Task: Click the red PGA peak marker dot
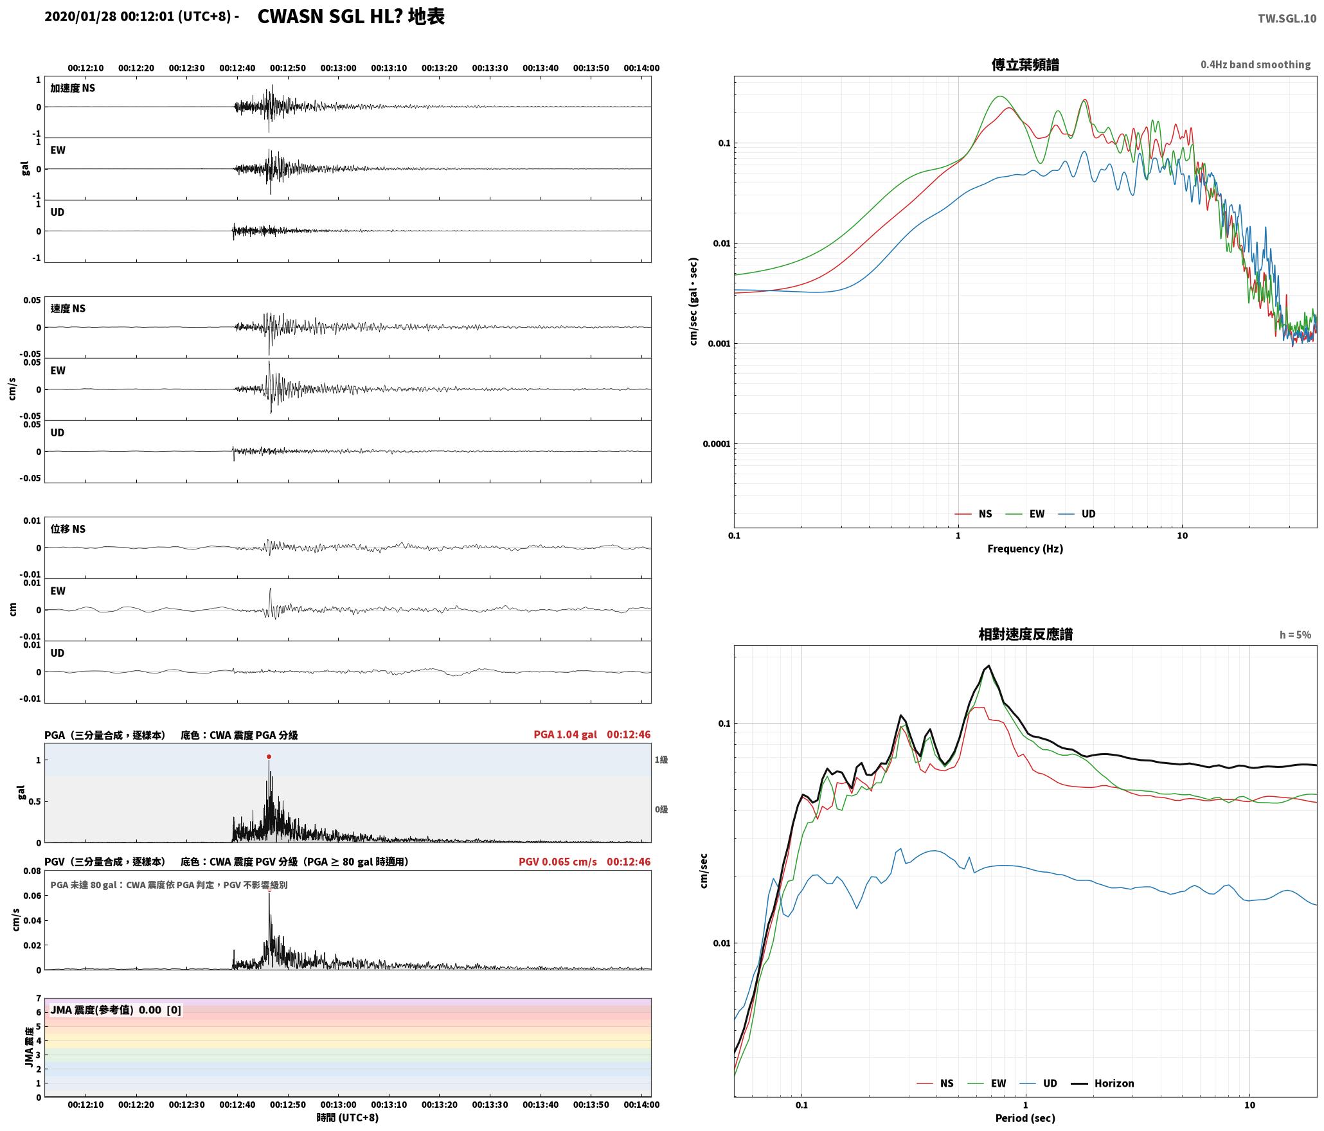[269, 756]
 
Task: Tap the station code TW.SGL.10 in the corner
[1287, 19]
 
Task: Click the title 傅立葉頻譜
[1025, 64]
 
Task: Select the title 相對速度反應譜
[1025, 634]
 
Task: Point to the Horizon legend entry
[1102, 1083]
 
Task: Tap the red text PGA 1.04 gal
[565, 734]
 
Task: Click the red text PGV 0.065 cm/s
[558, 861]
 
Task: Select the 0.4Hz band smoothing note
[1255, 64]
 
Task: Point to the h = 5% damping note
[1295, 634]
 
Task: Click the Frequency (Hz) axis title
[1025, 548]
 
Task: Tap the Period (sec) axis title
[1025, 1118]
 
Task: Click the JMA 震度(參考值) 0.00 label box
[116, 1010]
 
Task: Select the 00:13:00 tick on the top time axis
[338, 67]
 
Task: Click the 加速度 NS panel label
[73, 88]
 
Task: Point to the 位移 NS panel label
[68, 529]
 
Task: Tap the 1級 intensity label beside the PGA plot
[661, 760]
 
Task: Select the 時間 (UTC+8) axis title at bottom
[348, 1118]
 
